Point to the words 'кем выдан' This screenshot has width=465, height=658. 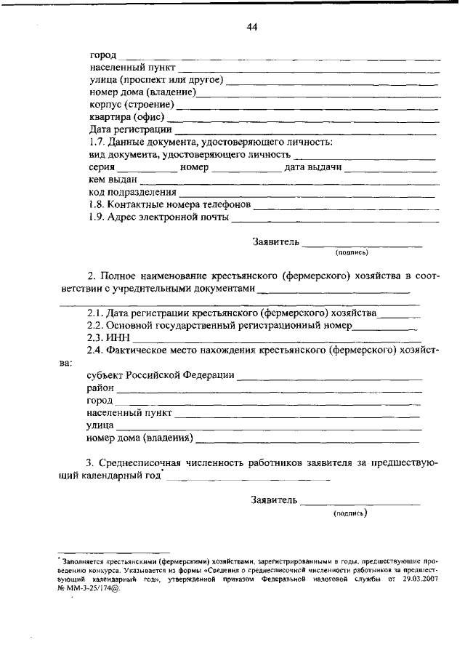(x=113, y=180)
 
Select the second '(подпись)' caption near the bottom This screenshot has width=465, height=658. (x=350, y=513)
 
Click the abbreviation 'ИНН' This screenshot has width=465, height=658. (x=118, y=337)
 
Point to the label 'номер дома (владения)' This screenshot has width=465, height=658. (x=139, y=438)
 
